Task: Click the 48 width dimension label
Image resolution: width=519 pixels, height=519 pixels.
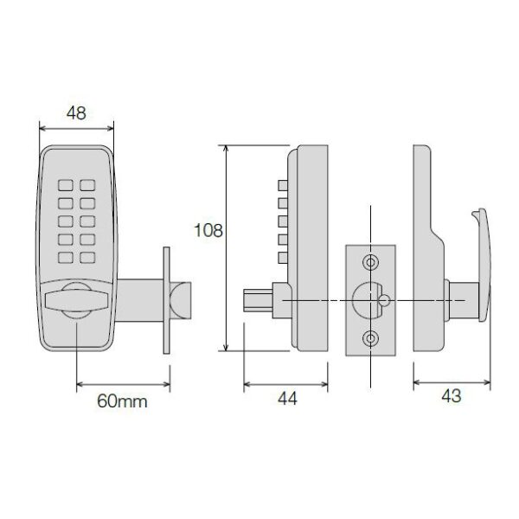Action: click(x=76, y=113)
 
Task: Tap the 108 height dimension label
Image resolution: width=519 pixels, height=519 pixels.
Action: click(x=208, y=230)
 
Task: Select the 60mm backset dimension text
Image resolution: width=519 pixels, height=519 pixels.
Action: click(x=122, y=401)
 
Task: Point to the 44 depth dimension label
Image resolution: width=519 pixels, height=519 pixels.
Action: click(x=287, y=399)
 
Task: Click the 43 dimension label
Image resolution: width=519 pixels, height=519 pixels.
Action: click(x=452, y=396)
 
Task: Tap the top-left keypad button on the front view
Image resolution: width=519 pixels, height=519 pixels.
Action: click(x=66, y=185)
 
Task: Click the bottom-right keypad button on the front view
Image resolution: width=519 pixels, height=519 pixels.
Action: click(x=87, y=258)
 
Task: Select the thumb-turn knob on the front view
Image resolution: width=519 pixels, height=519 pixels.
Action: click(x=76, y=300)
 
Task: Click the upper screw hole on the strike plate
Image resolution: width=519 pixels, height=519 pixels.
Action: click(x=370, y=263)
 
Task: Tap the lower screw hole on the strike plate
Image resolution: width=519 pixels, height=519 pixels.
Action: click(x=370, y=338)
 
